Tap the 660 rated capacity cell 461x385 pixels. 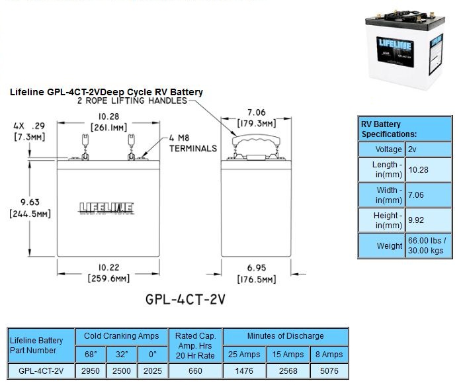point(195,371)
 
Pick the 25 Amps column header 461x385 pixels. point(245,354)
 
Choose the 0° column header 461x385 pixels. point(153,354)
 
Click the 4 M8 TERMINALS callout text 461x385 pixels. point(192,144)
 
